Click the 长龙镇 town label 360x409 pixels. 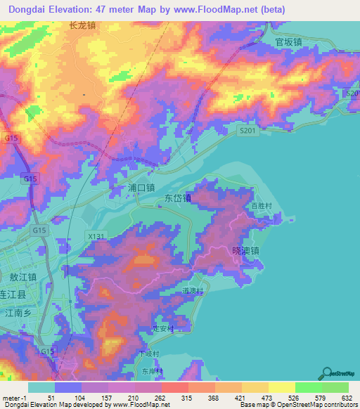82,25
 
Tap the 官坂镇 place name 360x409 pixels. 288,42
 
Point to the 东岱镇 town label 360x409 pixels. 178,198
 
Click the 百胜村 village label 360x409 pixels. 262,206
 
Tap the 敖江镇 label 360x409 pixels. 23,278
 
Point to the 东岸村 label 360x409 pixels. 151,370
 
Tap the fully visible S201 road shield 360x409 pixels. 246,130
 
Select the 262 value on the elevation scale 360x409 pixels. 160,397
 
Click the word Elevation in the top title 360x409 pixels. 82,9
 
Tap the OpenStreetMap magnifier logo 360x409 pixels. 327,374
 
